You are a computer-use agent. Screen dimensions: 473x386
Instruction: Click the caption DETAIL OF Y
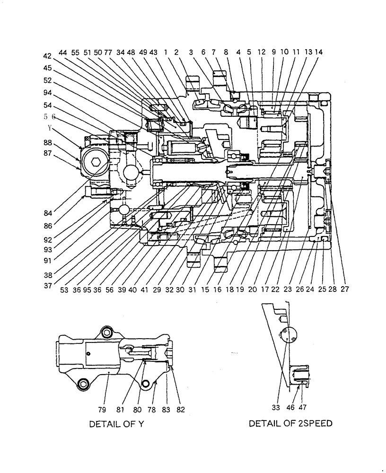tap(116, 424)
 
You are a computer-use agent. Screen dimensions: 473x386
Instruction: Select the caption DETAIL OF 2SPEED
tap(290, 423)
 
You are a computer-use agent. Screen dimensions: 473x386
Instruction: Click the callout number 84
tap(47, 212)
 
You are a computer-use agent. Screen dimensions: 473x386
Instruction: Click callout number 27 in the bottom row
tap(344, 289)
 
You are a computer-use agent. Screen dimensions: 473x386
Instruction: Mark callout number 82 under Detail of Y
tap(180, 409)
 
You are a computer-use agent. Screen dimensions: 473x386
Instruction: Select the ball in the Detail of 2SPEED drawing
tap(288, 336)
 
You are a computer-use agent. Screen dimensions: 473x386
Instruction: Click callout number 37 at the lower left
tap(47, 286)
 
